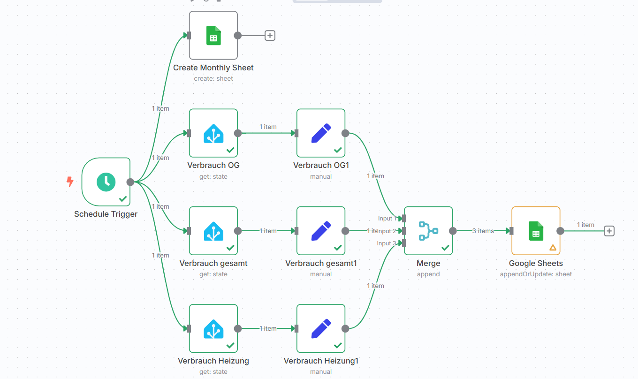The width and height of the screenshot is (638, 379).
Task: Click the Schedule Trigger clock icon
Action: click(106, 182)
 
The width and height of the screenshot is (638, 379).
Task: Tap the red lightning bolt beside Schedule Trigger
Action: click(70, 182)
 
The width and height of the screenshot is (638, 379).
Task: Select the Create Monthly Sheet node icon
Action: click(213, 36)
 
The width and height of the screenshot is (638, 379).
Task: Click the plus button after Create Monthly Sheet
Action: click(270, 36)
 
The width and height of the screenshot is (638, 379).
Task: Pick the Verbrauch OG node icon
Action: click(213, 133)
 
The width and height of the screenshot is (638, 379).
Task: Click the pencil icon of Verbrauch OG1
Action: click(321, 133)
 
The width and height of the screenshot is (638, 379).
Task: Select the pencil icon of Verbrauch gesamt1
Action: click(321, 231)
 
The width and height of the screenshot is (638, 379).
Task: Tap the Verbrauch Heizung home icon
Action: click(213, 329)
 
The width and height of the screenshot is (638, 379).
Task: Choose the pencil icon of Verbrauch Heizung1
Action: click(321, 329)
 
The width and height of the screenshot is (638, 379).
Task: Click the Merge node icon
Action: click(428, 231)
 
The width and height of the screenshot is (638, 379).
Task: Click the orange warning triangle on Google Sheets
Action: click(553, 248)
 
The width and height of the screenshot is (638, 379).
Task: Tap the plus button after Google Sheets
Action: click(609, 231)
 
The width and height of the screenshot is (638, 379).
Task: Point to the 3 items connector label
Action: click(483, 231)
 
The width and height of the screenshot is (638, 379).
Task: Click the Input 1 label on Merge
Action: click(387, 219)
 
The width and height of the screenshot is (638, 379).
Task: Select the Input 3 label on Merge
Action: click(386, 243)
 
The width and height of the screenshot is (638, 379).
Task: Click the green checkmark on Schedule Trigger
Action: click(123, 199)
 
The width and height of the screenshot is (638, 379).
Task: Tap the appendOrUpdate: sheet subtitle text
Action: click(536, 274)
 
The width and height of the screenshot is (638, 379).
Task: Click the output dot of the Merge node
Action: click(453, 231)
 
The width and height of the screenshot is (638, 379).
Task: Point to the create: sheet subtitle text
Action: click(213, 79)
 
